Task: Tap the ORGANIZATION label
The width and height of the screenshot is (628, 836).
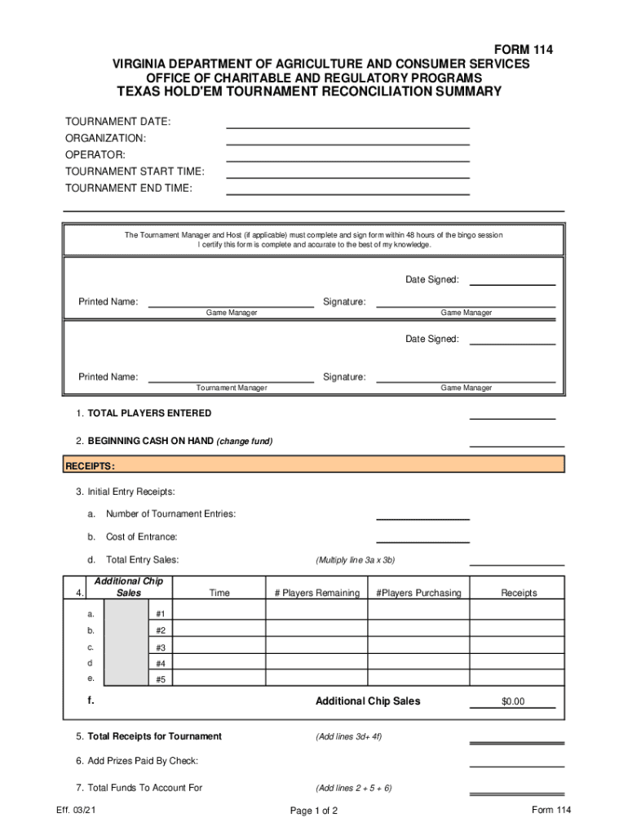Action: click(x=106, y=139)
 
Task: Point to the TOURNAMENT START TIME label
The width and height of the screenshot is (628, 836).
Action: click(x=135, y=171)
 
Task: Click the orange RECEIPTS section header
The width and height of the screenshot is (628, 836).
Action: click(x=314, y=465)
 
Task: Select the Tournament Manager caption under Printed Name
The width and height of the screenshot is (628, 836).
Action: click(x=232, y=388)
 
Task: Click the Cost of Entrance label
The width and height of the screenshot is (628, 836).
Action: click(x=142, y=537)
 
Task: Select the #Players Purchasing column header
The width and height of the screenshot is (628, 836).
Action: click(x=418, y=593)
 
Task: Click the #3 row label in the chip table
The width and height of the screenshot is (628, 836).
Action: click(x=161, y=647)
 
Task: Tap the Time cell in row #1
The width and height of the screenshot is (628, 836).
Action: click(x=219, y=613)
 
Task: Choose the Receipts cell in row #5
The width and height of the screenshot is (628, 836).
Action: click(x=518, y=678)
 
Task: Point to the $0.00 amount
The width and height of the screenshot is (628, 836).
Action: click(x=513, y=702)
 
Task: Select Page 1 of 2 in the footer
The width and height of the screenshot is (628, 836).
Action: click(x=314, y=811)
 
